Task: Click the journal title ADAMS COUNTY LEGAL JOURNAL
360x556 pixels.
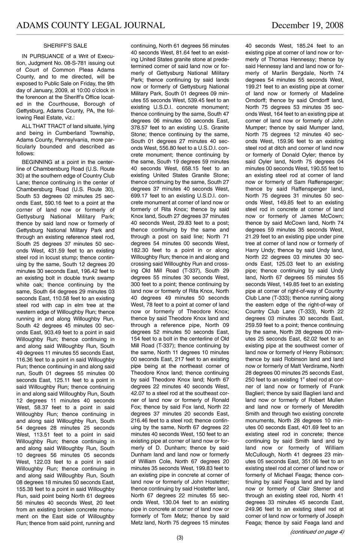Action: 90,25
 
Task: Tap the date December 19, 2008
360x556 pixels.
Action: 307,25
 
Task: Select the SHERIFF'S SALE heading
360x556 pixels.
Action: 65,46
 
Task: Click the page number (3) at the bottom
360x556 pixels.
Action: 180,538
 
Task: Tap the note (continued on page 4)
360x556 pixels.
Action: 317,532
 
